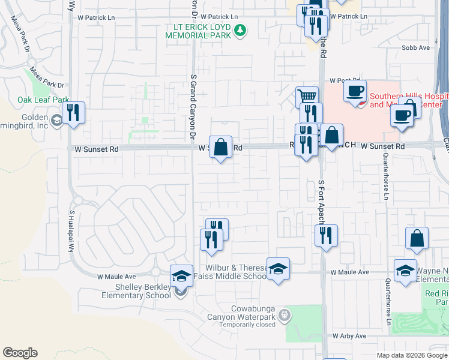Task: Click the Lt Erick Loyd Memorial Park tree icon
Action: coord(240,30)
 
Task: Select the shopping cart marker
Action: coord(307,96)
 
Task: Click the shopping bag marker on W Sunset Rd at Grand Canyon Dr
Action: coord(221,147)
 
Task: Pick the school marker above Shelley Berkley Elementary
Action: coord(181,276)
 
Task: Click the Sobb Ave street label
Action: coord(416,47)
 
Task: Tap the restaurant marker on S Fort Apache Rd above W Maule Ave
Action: coord(326,235)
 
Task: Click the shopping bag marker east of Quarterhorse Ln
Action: coord(417,238)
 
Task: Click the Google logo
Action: coord(20,353)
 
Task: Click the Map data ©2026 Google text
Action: coord(411,355)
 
